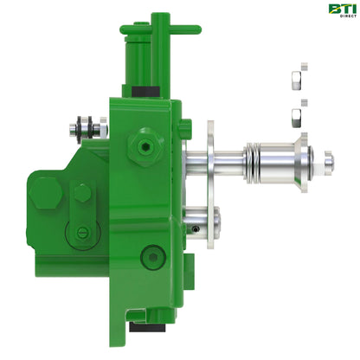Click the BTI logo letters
point(339,9)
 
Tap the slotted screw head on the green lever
point(83,231)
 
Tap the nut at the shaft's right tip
point(328,159)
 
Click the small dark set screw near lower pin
point(199,228)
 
